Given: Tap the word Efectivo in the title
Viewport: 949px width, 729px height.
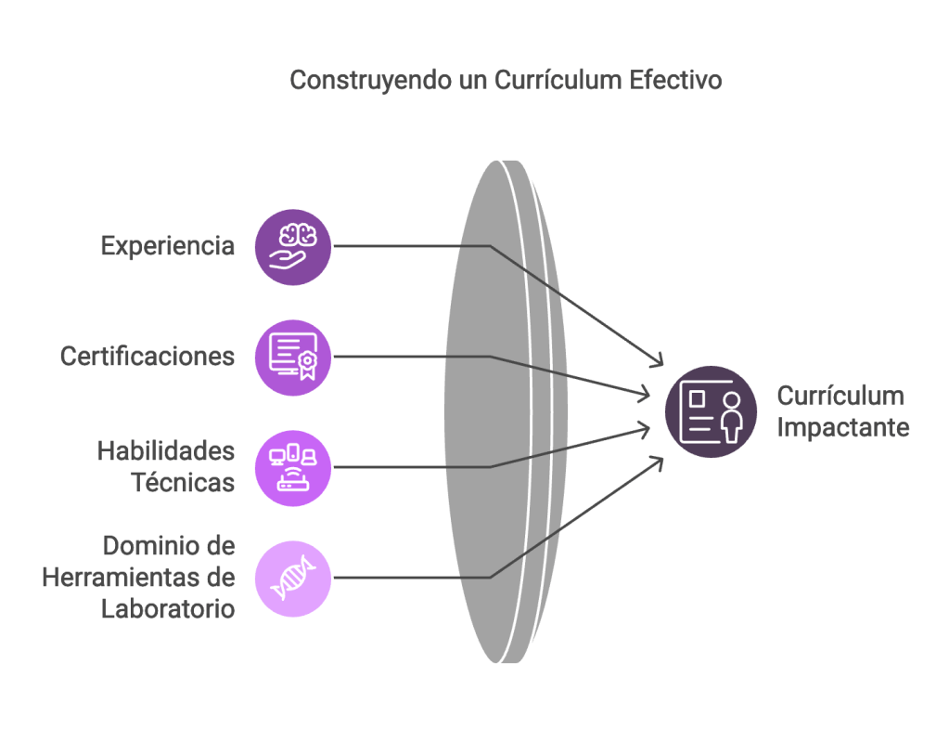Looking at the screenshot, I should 675,80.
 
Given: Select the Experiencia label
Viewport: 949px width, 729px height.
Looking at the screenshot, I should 168,246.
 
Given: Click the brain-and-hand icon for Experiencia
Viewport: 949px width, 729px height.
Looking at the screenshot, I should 293,246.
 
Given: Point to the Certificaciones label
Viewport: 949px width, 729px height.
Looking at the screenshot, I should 147,357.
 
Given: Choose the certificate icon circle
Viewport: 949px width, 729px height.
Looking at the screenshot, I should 293,358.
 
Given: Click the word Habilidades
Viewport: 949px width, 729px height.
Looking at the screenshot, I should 166,452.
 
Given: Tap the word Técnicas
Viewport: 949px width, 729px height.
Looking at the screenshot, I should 183,484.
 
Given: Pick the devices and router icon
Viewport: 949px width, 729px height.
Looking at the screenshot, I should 293,468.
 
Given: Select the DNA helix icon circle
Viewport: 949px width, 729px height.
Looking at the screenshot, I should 293,579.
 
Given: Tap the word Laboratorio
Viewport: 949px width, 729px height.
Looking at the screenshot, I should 167,609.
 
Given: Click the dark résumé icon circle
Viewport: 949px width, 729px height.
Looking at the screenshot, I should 712,411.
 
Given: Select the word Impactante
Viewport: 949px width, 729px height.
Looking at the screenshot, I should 843,428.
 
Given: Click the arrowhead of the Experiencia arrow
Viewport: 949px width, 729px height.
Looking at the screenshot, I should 660,361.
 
